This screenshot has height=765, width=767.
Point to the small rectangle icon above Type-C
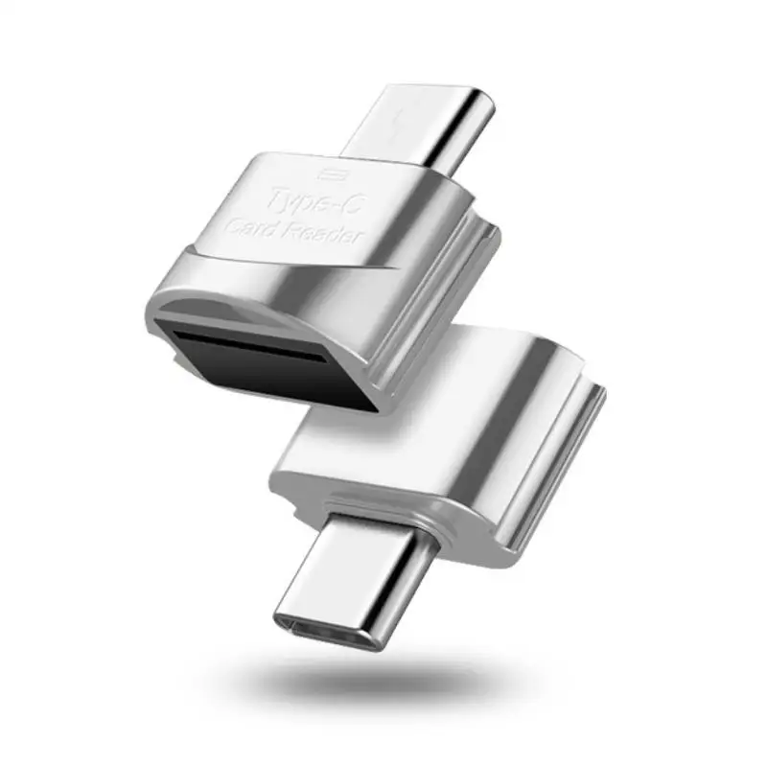point(331,174)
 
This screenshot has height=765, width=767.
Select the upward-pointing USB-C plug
point(422,125)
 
